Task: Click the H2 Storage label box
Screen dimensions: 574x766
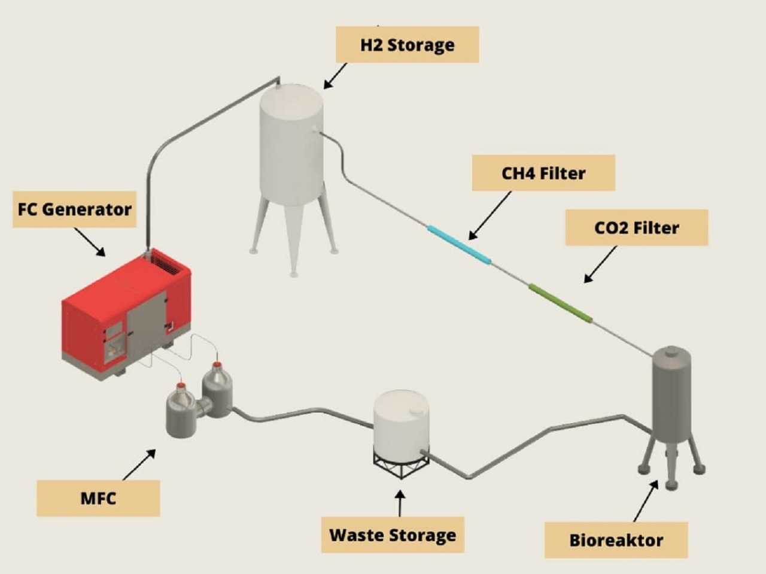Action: pos(407,45)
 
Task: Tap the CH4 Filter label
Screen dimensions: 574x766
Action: pos(543,174)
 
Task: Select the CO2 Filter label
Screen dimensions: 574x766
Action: pos(636,228)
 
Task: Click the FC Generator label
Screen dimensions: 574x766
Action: pos(74,209)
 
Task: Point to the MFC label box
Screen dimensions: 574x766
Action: pos(98,498)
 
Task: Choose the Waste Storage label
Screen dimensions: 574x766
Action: pos(393,535)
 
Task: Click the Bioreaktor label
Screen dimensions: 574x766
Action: pos(616,540)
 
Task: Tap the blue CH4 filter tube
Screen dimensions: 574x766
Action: pos(459,244)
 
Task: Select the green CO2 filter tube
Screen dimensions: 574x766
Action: pos(560,303)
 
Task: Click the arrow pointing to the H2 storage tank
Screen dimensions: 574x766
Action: pos(335,76)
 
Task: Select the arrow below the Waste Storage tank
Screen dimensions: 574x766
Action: pos(400,503)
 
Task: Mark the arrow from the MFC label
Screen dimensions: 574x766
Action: pos(139,465)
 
